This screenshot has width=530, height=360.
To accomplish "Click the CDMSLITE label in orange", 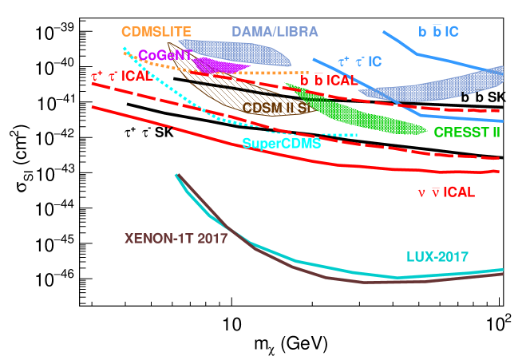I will click(156, 31).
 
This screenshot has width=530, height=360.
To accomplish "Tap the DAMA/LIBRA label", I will click(275, 31).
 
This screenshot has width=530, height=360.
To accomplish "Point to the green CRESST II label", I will click(468, 132).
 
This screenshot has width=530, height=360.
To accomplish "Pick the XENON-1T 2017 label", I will click(176, 238).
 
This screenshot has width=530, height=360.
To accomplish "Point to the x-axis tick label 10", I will click(231, 326).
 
